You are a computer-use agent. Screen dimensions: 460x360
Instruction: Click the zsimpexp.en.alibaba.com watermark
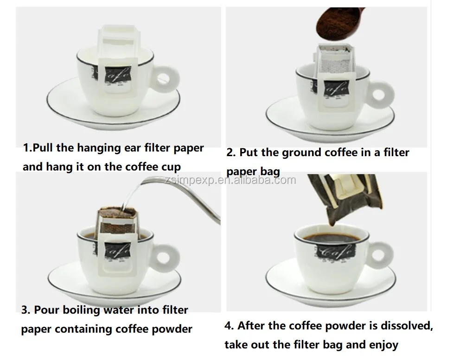pos(230,180)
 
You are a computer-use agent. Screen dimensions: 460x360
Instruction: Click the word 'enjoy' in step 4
pos(383,345)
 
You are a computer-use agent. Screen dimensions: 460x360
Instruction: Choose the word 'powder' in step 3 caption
pos(172,328)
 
